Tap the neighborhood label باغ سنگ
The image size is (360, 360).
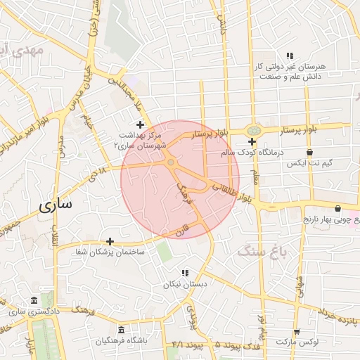[x=257, y=249]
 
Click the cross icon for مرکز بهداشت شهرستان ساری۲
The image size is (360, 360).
[x=140, y=124]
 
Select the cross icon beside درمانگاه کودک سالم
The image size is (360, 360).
[x=252, y=141]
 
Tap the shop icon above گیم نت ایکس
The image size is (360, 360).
[x=309, y=152]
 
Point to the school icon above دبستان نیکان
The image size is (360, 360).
[x=184, y=273]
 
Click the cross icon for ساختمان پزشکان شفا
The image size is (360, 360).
[x=109, y=240]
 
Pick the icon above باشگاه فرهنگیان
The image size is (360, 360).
[x=122, y=330]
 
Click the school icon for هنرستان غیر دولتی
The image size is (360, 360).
[x=289, y=56]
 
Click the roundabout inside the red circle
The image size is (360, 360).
[x=171, y=163]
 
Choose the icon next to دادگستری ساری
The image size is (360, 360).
[x=33, y=300]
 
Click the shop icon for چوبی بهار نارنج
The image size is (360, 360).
[x=339, y=208]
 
